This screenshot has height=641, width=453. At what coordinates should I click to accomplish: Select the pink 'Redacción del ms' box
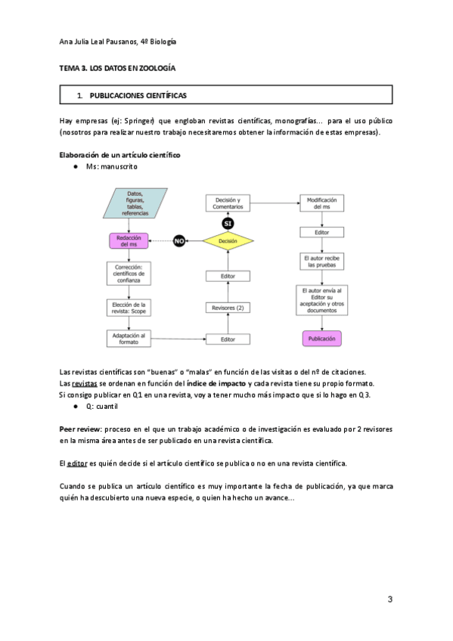coord(129,240)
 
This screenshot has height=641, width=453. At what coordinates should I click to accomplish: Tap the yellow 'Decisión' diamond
coord(228,241)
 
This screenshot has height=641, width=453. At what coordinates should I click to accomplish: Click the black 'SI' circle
coord(228,223)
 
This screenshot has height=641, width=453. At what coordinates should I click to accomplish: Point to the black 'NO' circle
coord(180,241)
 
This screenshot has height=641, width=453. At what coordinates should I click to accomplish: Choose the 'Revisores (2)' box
coord(228,308)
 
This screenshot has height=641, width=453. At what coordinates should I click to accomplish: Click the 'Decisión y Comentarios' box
coord(228,203)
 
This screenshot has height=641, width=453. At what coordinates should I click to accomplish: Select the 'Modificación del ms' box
coord(321,203)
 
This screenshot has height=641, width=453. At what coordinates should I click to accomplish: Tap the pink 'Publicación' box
coord(321,339)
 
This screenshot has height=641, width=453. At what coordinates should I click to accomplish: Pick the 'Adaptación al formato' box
coord(129,338)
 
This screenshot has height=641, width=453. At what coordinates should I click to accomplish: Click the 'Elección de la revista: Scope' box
coord(129,307)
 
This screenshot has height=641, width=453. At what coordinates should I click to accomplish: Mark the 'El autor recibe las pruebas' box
coord(321,262)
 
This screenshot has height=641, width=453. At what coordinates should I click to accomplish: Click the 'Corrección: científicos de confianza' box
coord(129,274)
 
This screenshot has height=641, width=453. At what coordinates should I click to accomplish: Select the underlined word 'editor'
coord(77,463)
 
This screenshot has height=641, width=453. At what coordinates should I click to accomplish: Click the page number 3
coord(389,599)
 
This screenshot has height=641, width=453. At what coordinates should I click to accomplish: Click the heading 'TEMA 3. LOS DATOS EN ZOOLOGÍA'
coord(117,68)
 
